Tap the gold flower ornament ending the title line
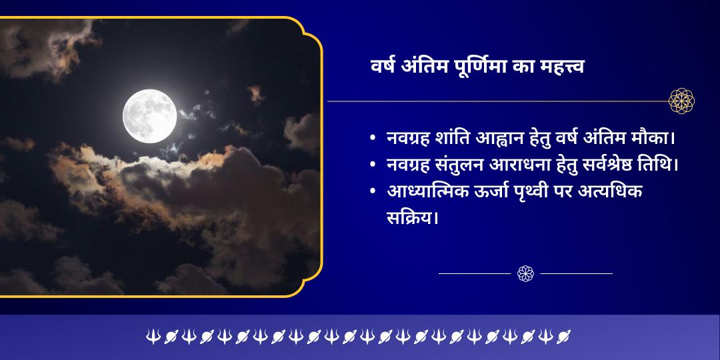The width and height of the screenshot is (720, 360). tap(681, 101)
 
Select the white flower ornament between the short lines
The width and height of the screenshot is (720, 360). tap(525, 273)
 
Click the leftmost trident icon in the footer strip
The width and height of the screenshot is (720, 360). tap(153, 336)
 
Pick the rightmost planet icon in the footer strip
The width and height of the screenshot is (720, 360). tap(563, 336)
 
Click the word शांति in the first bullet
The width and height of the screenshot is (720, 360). tap(453, 138)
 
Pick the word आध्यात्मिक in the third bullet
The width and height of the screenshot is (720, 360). tap(427, 191)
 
